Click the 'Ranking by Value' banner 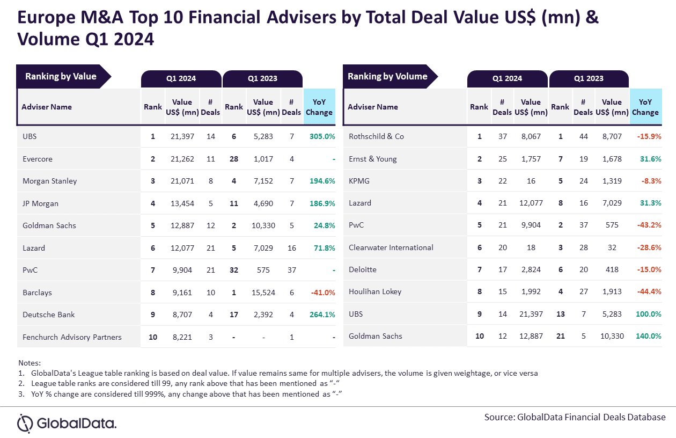pyautogui.click(x=61, y=77)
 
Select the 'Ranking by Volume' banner pyautogui.click(x=387, y=77)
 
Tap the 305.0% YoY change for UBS pyautogui.click(x=322, y=136)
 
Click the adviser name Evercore pyautogui.click(x=38, y=159)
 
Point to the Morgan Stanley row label pyautogui.click(x=49, y=181)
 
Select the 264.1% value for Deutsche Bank pyautogui.click(x=322, y=315)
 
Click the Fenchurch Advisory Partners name pyautogui.click(x=72, y=337)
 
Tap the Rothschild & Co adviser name pyautogui.click(x=376, y=136)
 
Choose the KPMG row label pyautogui.click(x=359, y=181)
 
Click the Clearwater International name pyautogui.click(x=391, y=247)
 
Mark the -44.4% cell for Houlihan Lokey pyautogui.click(x=648, y=291)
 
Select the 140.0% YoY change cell pyautogui.click(x=648, y=336)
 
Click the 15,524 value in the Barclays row pyautogui.click(x=263, y=293)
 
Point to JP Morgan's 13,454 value pyautogui.click(x=182, y=203)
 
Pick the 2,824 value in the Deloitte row pyautogui.click(x=531, y=269)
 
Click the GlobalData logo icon pyautogui.click(x=25, y=423)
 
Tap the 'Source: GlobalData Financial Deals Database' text pyautogui.click(x=575, y=417)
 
